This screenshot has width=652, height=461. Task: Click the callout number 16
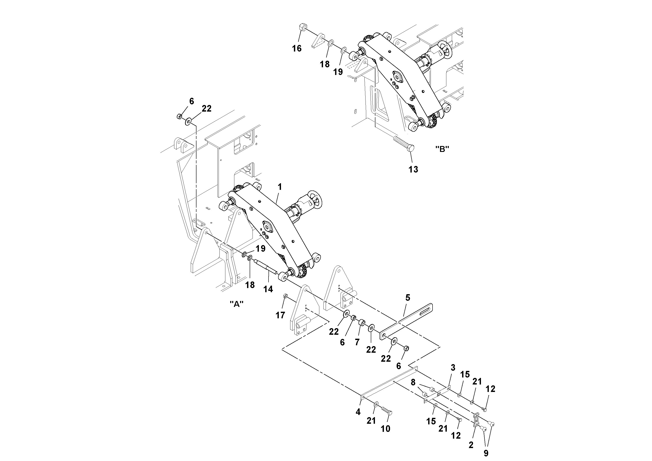(297, 49)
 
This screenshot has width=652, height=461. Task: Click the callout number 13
(413, 169)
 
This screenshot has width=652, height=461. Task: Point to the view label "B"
(442, 149)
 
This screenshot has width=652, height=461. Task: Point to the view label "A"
(237, 304)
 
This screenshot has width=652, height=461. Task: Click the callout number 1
(280, 187)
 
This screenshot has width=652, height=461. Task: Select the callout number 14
(268, 289)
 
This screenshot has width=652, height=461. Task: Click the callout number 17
(280, 315)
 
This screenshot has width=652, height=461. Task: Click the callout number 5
(408, 298)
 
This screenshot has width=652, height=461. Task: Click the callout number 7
(357, 342)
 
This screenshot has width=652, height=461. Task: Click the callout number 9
(486, 453)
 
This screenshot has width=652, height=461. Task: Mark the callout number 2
(471, 445)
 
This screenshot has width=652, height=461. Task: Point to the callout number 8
(413, 382)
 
